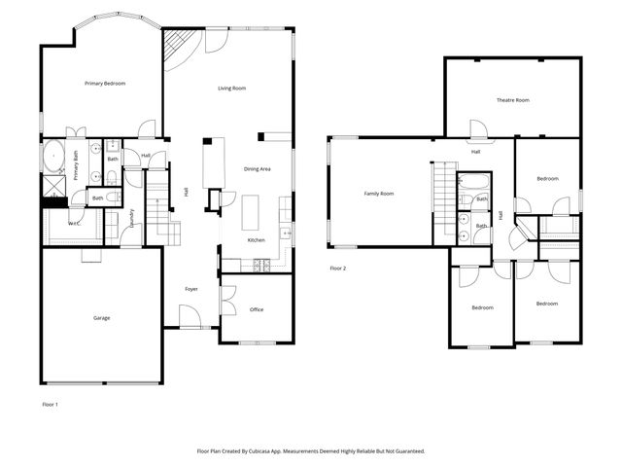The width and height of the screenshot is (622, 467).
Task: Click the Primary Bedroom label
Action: [x=105, y=84]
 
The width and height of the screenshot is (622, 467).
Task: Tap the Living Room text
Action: [x=231, y=89]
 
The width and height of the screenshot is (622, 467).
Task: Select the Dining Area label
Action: [x=257, y=169]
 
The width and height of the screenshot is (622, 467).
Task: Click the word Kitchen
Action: [x=256, y=240]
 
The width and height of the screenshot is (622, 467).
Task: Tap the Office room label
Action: [x=257, y=309]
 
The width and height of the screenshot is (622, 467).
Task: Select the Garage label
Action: [x=101, y=318]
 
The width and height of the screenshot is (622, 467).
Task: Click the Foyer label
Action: [x=192, y=289]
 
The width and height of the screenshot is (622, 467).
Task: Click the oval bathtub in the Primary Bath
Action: [x=53, y=155]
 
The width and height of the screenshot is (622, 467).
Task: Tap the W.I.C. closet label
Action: [x=74, y=223]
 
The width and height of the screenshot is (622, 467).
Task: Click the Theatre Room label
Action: [x=512, y=100]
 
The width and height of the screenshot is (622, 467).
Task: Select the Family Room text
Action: [x=378, y=194]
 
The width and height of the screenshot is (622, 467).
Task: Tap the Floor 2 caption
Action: [x=337, y=268]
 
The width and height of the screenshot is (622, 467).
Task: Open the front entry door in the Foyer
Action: [x=190, y=317]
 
